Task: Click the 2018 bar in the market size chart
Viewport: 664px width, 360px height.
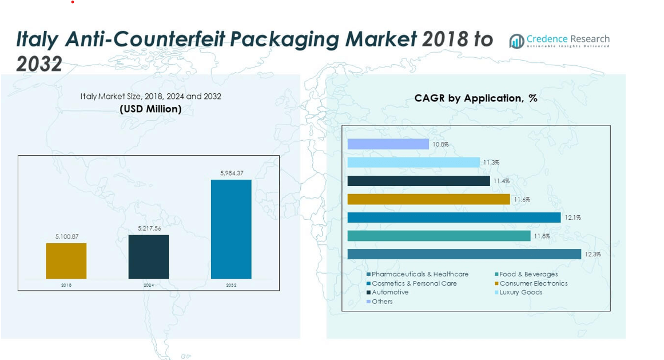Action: point(66,261)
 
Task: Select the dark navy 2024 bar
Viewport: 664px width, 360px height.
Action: point(149,256)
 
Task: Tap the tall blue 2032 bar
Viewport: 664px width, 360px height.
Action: point(231,229)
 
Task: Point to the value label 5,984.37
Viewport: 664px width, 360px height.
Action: point(232,173)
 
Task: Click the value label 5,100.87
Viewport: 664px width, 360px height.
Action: point(67,236)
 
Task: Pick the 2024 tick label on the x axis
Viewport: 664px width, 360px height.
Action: point(149,285)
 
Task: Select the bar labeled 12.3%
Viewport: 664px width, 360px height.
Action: point(464,254)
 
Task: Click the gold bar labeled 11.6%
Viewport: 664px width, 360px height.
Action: point(428,199)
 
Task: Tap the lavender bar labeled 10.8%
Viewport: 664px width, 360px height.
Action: point(388,144)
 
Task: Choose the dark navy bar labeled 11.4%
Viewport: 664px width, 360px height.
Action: point(419,181)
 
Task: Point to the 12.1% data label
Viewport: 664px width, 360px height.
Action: point(573,218)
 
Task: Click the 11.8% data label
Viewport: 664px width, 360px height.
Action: point(542,236)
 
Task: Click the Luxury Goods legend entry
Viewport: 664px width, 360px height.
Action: point(520,292)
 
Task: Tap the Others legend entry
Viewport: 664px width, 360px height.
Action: point(382,302)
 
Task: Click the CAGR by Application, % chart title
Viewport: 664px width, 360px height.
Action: point(476,98)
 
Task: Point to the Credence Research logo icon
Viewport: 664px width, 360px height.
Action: point(516,41)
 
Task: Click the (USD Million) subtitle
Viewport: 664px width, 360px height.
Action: point(150,109)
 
